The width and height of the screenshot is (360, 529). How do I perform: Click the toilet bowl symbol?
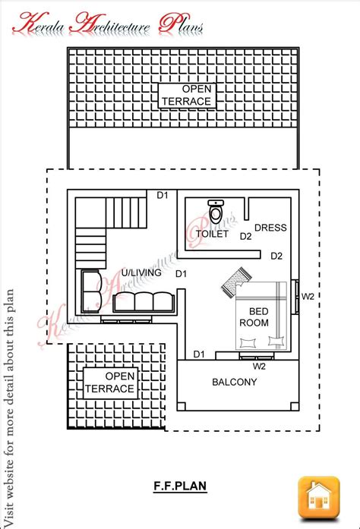coord(216,211)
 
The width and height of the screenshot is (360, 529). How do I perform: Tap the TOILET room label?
coord(212,234)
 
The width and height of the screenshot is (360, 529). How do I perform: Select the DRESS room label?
coord(270,228)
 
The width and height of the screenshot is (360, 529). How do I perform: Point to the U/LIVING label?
coord(141,272)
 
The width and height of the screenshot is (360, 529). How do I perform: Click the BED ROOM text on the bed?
coord(254,316)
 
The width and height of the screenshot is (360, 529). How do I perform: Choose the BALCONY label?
coord(235,382)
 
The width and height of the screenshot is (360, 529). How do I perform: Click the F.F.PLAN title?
coord(180,486)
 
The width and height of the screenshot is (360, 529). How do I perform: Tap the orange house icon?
coord(319,497)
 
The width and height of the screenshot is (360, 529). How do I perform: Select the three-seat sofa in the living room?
coord(144,301)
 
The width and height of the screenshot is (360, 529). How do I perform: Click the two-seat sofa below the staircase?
coord(91,292)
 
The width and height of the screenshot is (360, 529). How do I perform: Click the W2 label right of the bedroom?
coord(308,297)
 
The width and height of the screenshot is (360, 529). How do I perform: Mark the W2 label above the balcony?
coord(259,367)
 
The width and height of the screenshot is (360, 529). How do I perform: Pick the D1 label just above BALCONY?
coord(199,354)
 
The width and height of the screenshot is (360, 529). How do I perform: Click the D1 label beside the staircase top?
coord(163,195)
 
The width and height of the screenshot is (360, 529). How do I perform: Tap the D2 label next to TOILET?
coord(245,237)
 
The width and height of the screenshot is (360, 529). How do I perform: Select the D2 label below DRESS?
coord(276,256)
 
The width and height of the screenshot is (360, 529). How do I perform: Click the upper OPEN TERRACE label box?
coord(187,96)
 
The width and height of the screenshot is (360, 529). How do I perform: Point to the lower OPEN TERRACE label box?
coord(110,383)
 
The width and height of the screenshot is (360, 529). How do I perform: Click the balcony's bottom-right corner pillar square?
coord(295,406)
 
